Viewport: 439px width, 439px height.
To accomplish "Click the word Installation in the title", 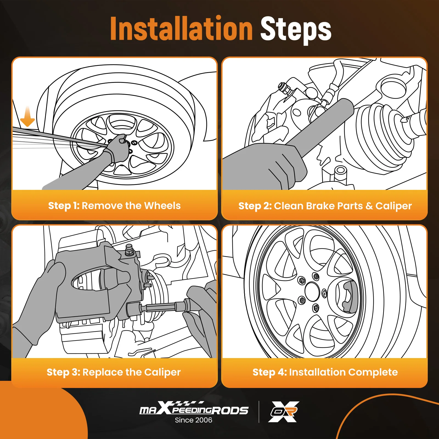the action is point(181,28).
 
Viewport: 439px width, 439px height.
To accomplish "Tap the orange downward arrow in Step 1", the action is point(27,117).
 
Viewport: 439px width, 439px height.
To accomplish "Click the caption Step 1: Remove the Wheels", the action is point(114,206).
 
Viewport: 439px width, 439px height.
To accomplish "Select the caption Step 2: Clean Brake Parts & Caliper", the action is point(325,206).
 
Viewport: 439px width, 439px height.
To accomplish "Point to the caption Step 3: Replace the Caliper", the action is point(114,372).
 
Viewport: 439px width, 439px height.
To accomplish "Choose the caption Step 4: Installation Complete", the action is point(325,372).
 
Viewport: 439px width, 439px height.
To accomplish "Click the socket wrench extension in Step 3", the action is point(161,307).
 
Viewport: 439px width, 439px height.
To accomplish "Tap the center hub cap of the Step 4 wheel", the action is point(312,292).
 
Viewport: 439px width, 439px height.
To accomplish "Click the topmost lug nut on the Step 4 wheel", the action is point(316,276).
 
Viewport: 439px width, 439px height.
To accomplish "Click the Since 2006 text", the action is point(193,420).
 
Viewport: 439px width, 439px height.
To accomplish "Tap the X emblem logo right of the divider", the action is point(284,412).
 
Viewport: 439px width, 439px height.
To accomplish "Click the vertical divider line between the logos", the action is point(259,412).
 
